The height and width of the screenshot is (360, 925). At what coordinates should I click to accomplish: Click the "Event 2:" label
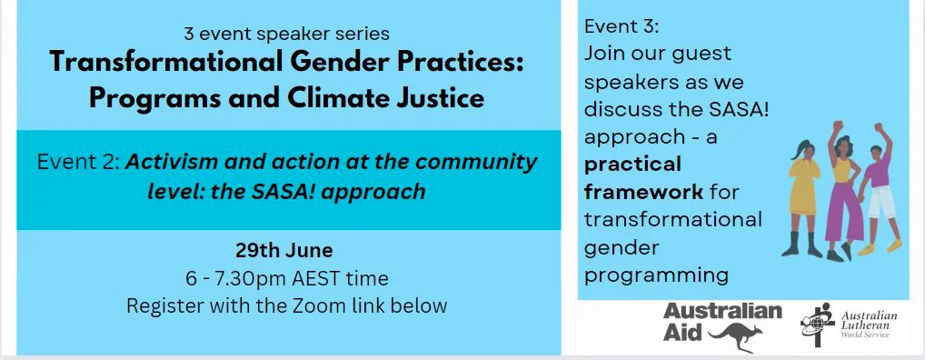point(78,164)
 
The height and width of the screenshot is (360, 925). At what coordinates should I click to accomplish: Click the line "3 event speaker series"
point(286,35)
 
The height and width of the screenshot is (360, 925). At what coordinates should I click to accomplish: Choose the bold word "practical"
point(632,165)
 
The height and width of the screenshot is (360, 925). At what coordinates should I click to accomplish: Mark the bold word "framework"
point(643,192)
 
